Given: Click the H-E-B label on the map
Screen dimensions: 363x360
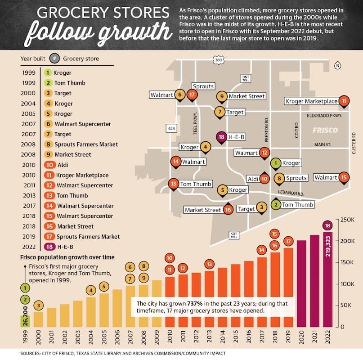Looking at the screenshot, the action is (236, 137).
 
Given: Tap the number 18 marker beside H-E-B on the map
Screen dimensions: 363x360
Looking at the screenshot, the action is (221, 137).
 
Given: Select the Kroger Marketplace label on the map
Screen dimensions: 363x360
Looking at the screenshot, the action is (311, 101).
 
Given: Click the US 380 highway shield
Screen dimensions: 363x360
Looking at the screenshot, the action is (219, 60).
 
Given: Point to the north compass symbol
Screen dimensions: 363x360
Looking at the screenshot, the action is (337, 66).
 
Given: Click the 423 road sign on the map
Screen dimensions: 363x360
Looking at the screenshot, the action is (171, 128).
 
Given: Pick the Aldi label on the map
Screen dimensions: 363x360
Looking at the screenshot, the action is (253, 179).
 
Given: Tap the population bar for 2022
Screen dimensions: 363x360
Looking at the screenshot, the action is (328, 279).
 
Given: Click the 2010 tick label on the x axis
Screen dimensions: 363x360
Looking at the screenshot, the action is (170, 336).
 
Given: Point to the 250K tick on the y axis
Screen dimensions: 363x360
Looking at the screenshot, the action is (347, 220).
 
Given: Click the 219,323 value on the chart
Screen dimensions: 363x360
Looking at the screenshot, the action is (328, 246).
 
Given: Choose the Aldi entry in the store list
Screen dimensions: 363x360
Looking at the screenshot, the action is (63, 165).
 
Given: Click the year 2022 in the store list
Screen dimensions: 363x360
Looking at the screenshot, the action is (29, 247).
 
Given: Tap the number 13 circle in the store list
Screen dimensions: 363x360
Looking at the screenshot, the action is (49, 195).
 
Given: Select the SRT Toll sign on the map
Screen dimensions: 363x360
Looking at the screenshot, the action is (234, 235).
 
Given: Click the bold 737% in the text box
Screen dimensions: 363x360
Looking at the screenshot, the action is (195, 303).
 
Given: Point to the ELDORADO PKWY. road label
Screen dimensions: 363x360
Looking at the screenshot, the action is (324, 115).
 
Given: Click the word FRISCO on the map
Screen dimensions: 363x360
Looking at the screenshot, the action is (325, 130).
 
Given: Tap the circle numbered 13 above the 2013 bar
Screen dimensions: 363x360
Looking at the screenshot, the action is (209, 264).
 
